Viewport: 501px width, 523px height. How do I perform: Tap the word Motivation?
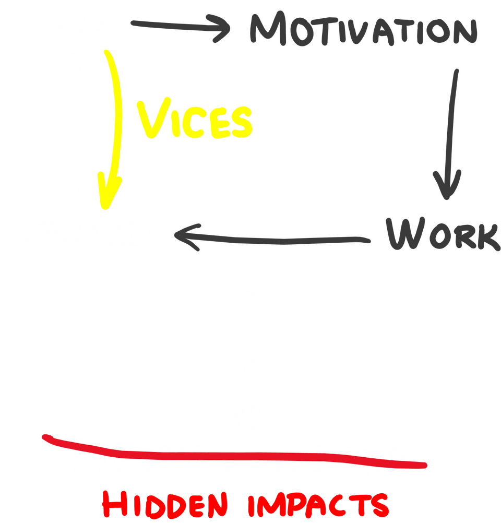pos(362,29)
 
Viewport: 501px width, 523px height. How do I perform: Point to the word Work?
pos(442,235)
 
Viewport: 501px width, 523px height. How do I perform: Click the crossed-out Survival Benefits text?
pos(240,459)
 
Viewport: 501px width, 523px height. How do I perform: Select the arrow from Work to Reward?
pos(271,239)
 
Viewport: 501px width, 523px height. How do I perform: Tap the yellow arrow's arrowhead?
pos(110,191)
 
